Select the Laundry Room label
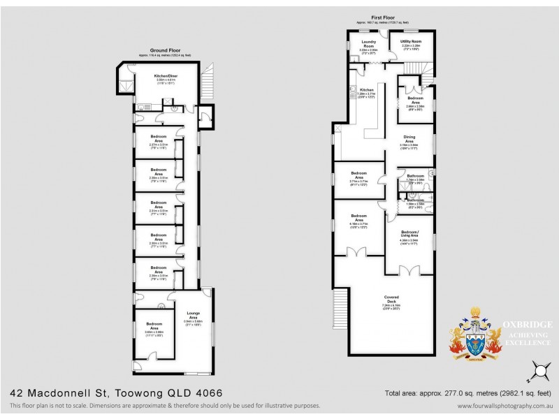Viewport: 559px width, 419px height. click(x=369, y=44)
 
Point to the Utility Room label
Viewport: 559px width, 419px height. click(x=411, y=42)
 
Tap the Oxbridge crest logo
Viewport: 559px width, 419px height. click(x=474, y=335)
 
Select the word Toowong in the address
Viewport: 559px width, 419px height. click(x=143, y=393)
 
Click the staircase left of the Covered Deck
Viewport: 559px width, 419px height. click(x=340, y=307)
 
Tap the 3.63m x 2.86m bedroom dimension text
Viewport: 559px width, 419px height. click(x=154, y=332)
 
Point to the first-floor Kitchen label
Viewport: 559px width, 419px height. click(x=368, y=90)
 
